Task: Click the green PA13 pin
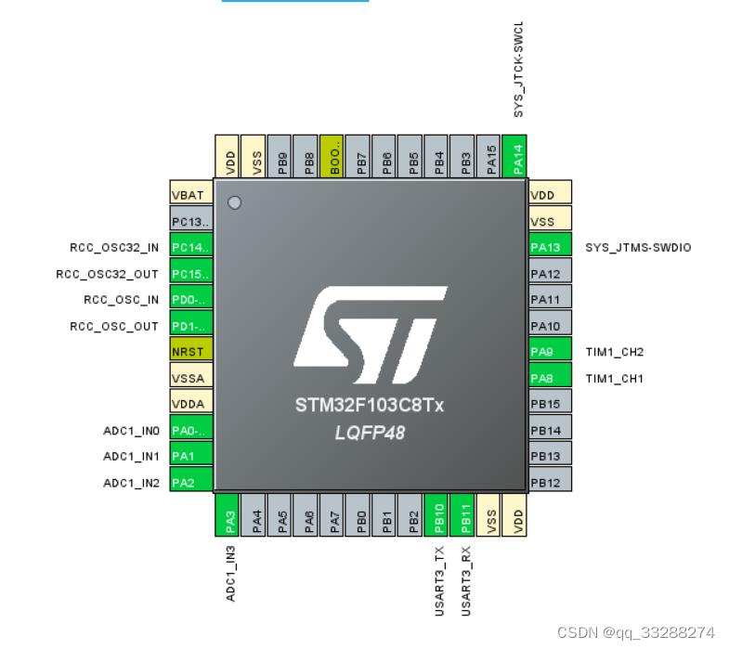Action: point(550,247)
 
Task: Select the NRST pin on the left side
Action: point(191,352)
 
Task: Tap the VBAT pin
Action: point(191,195)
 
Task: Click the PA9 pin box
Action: point(550,352)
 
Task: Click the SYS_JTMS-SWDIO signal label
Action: point(638,248)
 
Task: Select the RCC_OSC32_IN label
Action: point(114,248)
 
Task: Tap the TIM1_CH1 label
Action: point(614,379)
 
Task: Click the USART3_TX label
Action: point(440,581)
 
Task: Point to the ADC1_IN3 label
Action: point(231,573)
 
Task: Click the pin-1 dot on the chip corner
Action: point(234,202)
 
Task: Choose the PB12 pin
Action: point(550,483)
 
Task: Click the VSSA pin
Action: point(191,378)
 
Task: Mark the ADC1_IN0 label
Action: point(132,431)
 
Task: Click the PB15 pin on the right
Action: point(550,404)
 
